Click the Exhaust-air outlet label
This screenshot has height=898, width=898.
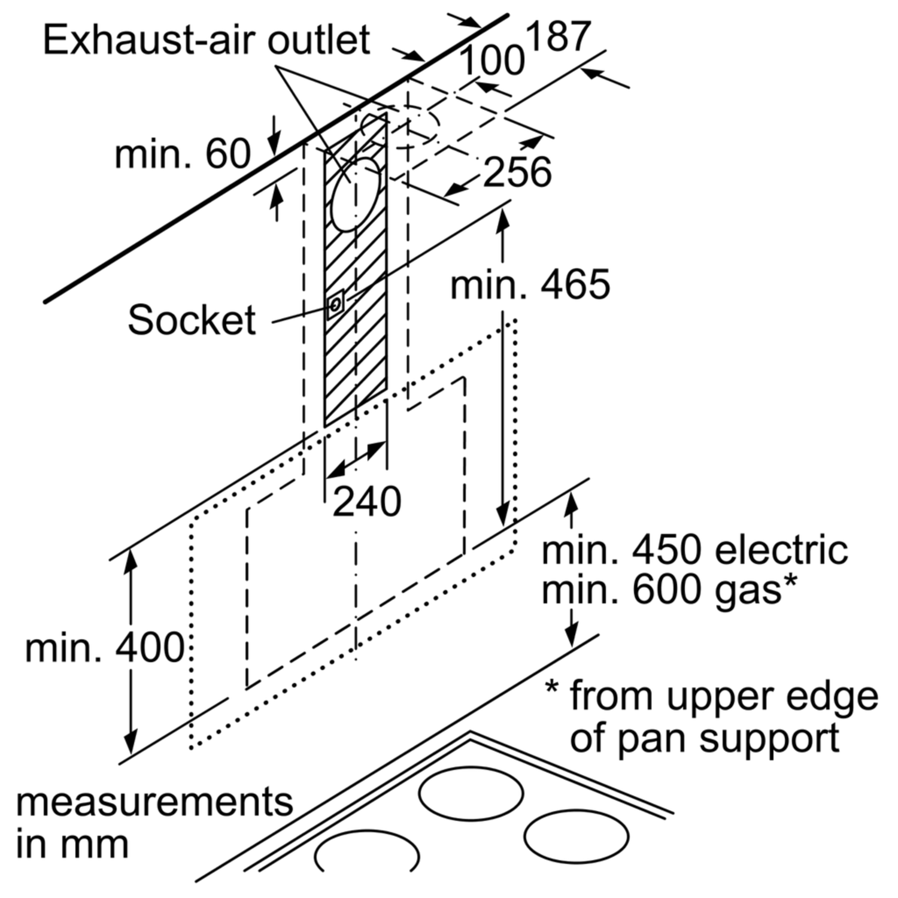[207, 41]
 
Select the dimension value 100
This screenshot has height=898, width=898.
[492, 60]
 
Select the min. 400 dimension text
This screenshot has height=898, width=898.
[105, 647]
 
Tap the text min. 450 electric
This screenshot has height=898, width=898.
[694, 550]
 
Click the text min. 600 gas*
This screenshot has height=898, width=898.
[669, 590]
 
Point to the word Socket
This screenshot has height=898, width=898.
[192, 320]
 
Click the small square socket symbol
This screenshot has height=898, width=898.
[335, 304]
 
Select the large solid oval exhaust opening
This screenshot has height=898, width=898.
[356, 195]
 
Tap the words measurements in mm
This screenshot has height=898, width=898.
[154, 823]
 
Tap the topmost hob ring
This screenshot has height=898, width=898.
[471, 795]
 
